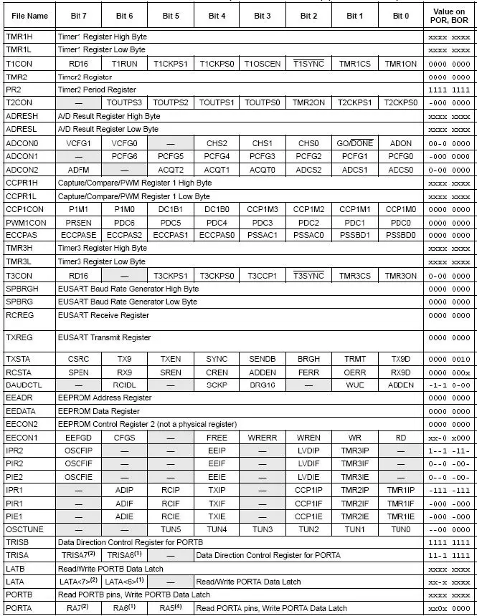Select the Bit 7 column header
point(77,15)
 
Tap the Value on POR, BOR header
point(449,15)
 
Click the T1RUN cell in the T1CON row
point(124,63)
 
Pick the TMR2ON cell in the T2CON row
point(308,102)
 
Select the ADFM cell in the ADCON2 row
point(77,169)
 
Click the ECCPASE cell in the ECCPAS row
point(77,235)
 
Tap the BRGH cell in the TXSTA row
point(308,358)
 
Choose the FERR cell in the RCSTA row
point(308,372)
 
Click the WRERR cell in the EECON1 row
point(262,437)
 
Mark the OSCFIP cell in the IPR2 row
point(77,450)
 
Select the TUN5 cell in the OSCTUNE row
point(170,529)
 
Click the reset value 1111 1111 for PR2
point(449,90)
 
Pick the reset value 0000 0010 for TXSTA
point(449,358)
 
